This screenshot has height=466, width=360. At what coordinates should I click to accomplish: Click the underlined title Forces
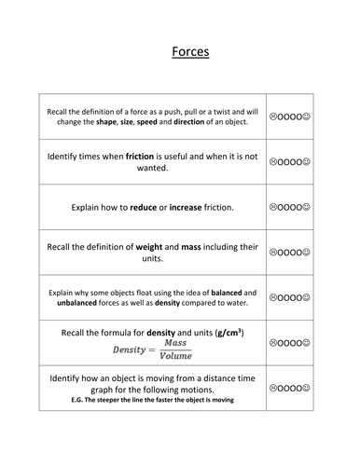190,52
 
